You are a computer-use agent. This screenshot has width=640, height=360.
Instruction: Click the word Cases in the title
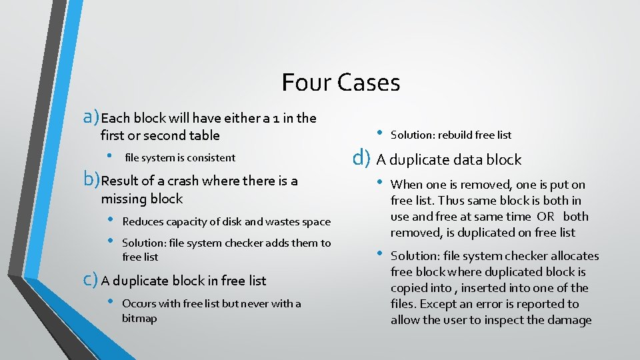369,83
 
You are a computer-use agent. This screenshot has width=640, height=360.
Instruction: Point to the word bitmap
139,319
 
